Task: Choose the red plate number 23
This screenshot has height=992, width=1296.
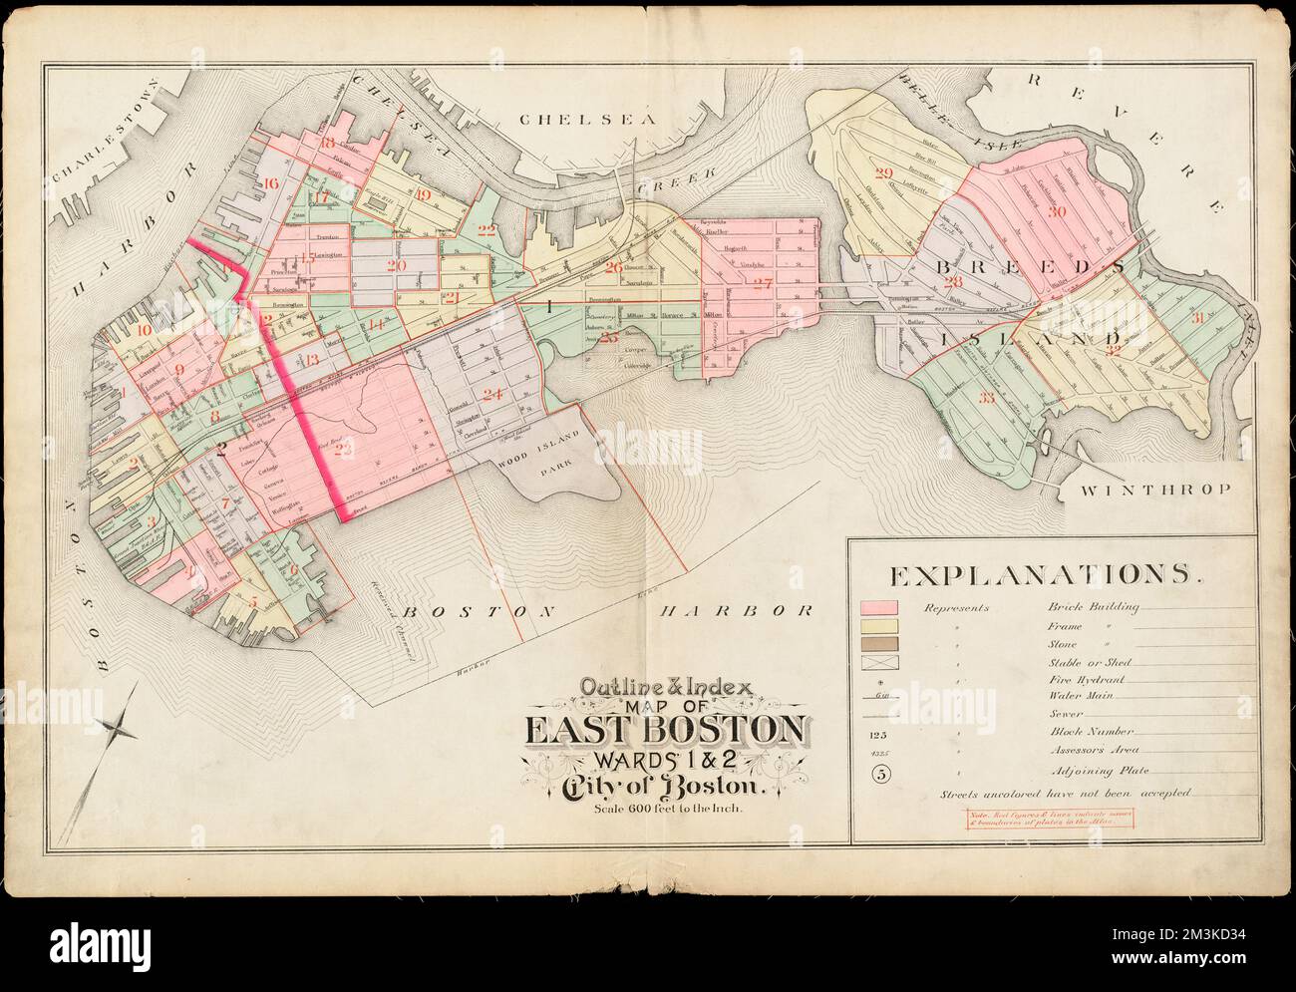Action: click(x=345, y=452)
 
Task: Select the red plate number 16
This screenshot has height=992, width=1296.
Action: click(x=271, y=182)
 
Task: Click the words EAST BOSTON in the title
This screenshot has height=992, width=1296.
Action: click(x=667, y=731)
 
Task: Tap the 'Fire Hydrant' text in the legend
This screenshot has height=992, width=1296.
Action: click(x=1080, y=679)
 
